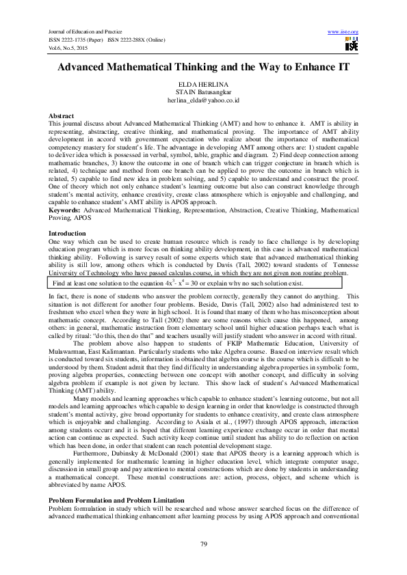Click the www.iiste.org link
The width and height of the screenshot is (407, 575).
tap(343, 32)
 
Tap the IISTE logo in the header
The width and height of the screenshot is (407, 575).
tap(351, 46)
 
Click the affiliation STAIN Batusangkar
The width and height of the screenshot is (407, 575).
tap(203, 92)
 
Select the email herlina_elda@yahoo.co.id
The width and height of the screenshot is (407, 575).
tap(203, 100)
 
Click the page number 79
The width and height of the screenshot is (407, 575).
tap(203, 544)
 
